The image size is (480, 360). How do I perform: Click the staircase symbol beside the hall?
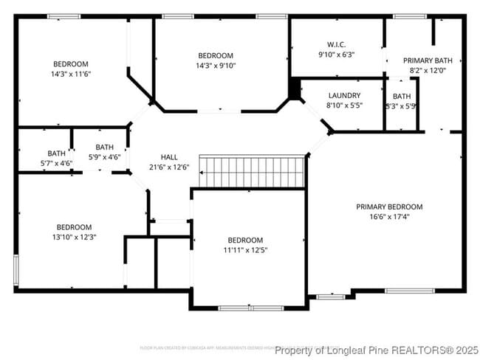click(x=253, y=172)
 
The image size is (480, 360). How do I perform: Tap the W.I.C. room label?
click(x=336, y=44)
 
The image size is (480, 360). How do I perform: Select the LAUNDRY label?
click(x=344, y=95)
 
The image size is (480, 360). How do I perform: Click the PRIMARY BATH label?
click(x=427, y=60)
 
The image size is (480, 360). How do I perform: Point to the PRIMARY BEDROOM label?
click(x=389, y=207)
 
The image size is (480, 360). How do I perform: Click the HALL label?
click(x=169, y=157)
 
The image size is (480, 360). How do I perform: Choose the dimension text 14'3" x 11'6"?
click(x=71, y=75)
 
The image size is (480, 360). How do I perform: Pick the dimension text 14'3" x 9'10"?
click(x=216, y=66)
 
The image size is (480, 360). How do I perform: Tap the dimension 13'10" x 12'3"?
click(x=75, y=238)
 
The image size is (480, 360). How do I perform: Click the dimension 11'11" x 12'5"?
click(x=245, y=251)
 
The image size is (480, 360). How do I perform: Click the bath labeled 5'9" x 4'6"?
click(x=104, y=157)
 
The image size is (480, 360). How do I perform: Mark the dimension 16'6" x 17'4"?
click(x=389, y=217)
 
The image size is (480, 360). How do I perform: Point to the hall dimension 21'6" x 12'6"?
click(x=169, y=167)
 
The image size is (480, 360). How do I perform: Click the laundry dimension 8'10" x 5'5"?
click(x=344, y=105)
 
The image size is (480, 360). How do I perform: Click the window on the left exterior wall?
click(x=16, y=270)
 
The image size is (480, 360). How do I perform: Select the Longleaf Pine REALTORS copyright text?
click(x=377, y=350)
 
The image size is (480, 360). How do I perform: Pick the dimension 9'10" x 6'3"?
click(x=336, y=54)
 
